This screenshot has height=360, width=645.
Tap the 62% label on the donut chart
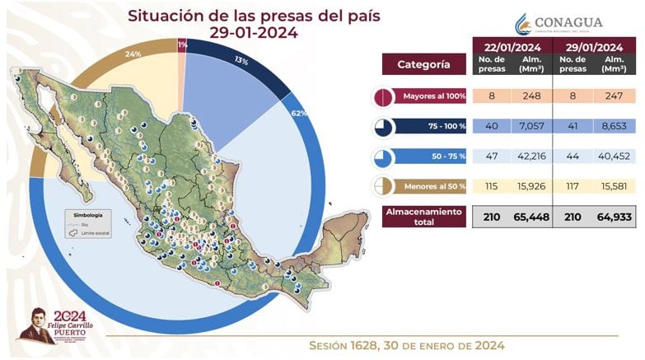point(299,113)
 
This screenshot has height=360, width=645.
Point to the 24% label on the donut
point(133,54)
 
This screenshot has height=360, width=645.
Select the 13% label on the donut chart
point(241,61)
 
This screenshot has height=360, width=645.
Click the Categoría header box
point(423,63)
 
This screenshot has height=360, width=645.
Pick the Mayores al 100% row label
point(433,96)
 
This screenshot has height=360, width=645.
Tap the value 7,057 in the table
point(531,127)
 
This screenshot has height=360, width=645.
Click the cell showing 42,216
point(531,157)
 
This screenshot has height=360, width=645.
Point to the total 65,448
point(531,217)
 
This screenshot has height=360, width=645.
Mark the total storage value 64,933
point(612,217)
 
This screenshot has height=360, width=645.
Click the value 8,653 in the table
point(612,127)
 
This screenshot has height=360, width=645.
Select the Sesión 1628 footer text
point(406,345)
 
